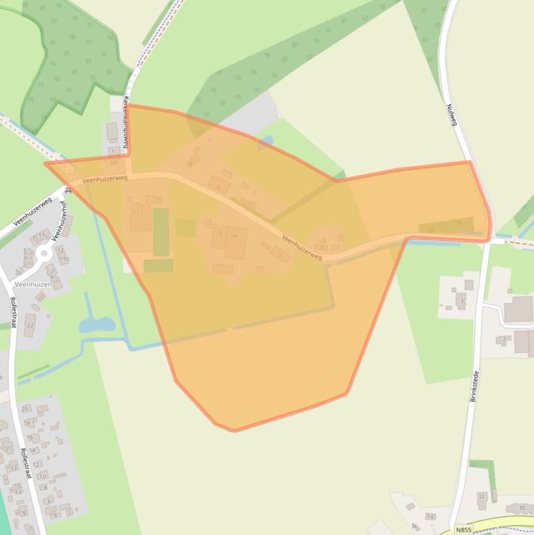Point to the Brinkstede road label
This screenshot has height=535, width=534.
click(x=475, y=386)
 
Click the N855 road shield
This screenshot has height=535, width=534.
click(x=464, y=529)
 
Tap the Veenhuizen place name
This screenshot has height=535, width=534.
click(x=34, y=285)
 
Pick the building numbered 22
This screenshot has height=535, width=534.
click(x=30, y=324)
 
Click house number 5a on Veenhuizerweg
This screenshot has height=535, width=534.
click(x=235, y=236)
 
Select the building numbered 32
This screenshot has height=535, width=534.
click(x=481, y=497)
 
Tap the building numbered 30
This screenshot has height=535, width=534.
click(x=521, y=509)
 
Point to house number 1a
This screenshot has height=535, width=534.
click(x=430, y=516)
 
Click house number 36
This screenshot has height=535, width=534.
click(x=415, y=526)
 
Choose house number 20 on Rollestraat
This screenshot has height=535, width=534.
click(x=25, y=409)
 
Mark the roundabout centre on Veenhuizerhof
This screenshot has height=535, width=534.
click(x=44, y=254)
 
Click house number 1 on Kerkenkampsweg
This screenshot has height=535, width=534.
click(x=112, y=151)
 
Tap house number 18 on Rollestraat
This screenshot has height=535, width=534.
click(x=28, y=422)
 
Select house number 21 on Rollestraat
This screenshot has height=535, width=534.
click(x=8, y=448)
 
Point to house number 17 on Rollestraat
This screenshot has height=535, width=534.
click(x=13, y=469)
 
